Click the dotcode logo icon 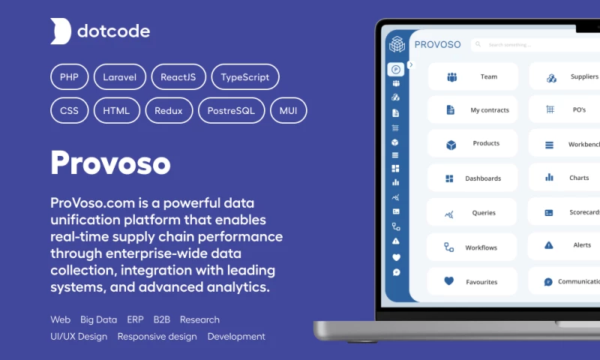click(61, 31)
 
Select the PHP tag click(70, 76)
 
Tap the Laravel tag click(119, 76)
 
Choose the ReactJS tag click(178, 76)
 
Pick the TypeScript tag click(245, 76)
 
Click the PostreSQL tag click(231, 111)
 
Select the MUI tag click(288, 111)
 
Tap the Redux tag click(169, 111)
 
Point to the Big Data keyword click(99, 319)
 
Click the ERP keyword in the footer click(136, 319)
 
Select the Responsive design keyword click(157, 337)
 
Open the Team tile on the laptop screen click(472, 76)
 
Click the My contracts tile click(472, 110)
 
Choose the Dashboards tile click(472, 178)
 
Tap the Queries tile click(472, 213)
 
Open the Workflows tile click(472, 247)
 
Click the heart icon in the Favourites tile click(449, 281)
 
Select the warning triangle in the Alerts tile click(549, 245)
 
